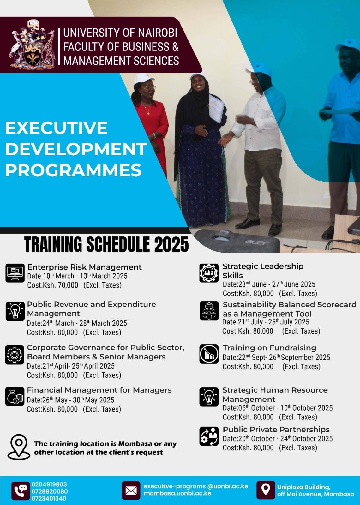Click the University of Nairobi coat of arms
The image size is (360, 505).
32,44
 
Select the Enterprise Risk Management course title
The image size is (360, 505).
84,267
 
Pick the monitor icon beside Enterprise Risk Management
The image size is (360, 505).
15,273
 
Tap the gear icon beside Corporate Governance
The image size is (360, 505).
15,355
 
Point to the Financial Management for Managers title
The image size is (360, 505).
99,390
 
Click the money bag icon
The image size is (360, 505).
15,396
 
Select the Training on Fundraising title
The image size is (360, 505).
269,348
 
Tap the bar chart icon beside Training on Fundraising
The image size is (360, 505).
209,354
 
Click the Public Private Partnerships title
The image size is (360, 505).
276,430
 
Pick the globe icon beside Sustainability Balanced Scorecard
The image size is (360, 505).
209,311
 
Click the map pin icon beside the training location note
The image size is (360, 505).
19,447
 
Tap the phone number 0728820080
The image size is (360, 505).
50,491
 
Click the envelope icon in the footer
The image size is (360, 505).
131,490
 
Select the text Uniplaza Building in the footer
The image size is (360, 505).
303,487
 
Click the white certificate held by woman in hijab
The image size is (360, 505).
216,108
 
